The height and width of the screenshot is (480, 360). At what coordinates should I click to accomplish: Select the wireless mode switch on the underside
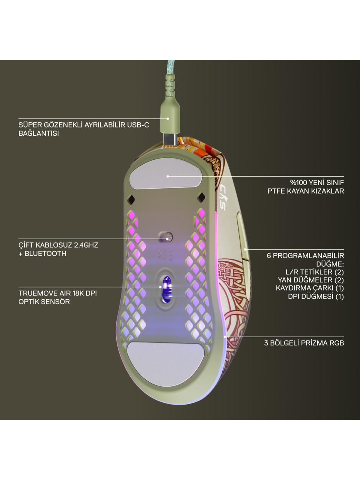pyautogui.click(x=165, y=237)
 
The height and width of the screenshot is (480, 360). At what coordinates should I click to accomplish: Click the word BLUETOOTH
pyautogui.click(x=45, y=253)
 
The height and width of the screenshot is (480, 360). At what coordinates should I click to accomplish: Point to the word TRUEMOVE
pyautogui.click(x=36, y=293)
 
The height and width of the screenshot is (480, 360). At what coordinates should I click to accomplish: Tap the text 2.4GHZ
pyautogui.click(x=86, y=245)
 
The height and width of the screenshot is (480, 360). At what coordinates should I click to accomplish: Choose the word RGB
pyautogui.click(x=337, y=343)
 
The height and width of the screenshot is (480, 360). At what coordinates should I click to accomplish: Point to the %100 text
pyautogui.click(x=299, y=182)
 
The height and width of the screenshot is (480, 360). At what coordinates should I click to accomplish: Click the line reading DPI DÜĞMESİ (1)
pyautogui.click(x=316, y=297)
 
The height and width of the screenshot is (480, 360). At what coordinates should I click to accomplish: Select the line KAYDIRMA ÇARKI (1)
pyautogui.click(x=310, y=288)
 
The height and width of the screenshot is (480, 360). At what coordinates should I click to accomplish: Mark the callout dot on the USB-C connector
pyautogui.click(x=168, y=118)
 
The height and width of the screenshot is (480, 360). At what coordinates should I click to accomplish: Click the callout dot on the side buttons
pyautogui.click(x=245, y=249)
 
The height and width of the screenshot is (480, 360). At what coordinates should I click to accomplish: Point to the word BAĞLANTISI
pyautogui.click(x=39, y=133)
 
